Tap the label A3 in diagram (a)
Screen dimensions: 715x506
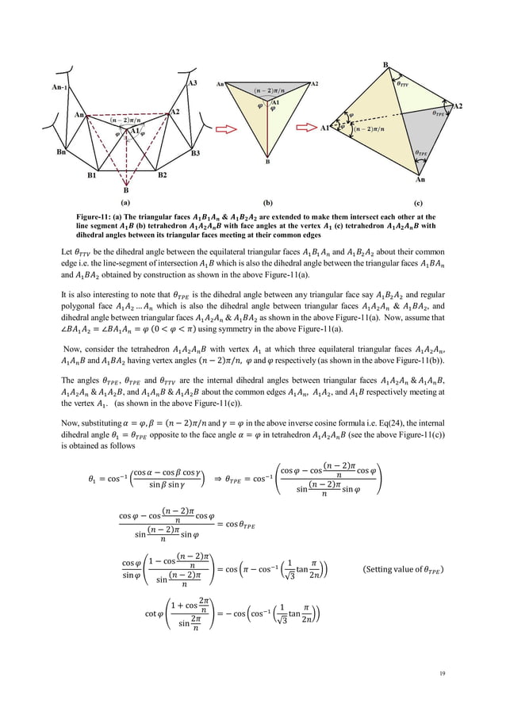(x=193, y=83)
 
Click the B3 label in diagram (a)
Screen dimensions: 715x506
(x=195, y=154)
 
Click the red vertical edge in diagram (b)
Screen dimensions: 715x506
(x=266, y=127)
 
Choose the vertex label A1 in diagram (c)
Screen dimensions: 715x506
(x=325, y=128)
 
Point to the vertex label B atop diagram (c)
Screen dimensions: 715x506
(x=385, y=63)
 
